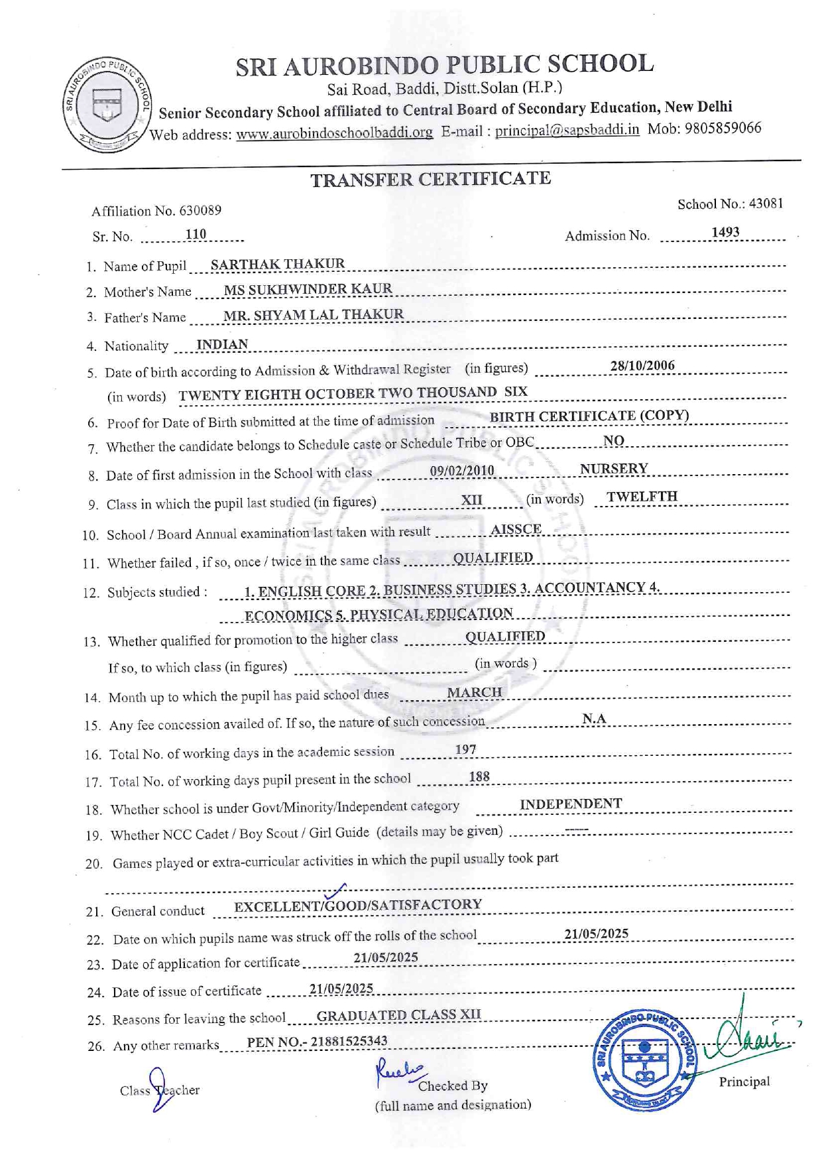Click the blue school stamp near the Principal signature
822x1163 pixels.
coord(644,1060)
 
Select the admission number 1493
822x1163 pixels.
coord(725,232)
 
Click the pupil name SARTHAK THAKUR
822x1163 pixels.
coord(278,264)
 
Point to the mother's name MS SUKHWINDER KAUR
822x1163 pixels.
coord(308,289)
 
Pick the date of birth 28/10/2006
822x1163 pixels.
coord(642,365)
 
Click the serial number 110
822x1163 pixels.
coord(196,234)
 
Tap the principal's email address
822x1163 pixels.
coord(567,130)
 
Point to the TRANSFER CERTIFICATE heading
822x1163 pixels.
coord(431,179)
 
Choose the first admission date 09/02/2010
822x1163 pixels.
coord(462,471)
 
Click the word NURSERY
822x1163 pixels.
coord(614,469)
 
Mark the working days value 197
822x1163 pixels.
coord(465,749)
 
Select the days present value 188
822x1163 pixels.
coord(479,776)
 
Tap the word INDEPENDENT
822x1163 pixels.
coord(571,804)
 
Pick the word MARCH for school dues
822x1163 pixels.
coord(474,692)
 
